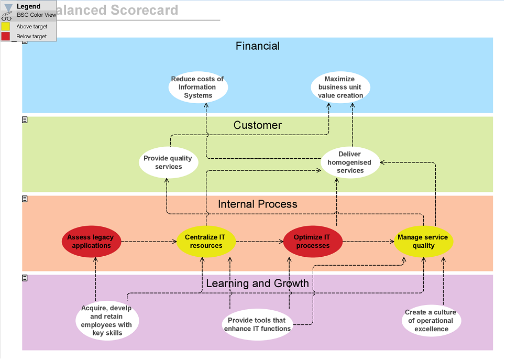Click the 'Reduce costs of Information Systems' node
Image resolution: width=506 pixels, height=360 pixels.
tap(198, 88)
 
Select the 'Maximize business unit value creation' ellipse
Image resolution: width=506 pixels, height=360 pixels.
tap(340, 88)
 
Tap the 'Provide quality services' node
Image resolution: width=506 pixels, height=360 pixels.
tap(168, 162)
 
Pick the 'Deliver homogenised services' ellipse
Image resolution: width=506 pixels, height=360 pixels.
tap(350, 162)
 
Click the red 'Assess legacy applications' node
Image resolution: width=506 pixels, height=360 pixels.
tap(92, 242)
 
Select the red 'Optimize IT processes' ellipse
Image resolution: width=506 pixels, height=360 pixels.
tap(312, 242)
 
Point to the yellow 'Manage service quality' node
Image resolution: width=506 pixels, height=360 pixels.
tap(423, 242)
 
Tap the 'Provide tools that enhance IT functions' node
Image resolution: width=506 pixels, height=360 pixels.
tap(257, 324)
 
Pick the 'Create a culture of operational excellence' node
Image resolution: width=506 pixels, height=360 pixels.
tap(431, 321)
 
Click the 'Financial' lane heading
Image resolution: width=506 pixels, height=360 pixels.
tap(258, 46)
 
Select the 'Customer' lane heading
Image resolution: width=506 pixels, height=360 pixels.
tap(258, 125)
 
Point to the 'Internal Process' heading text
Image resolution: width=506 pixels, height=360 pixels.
tap(258, 204)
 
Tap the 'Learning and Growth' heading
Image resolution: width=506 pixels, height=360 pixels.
tap(258, 283)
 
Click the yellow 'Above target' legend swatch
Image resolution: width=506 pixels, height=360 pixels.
tap(6, 26)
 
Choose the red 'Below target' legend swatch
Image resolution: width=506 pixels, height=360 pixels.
tap(6, 36)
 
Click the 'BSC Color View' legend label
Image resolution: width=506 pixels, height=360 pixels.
tap(36, 15)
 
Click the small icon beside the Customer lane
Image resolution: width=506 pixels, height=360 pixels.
tap(25, 120)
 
